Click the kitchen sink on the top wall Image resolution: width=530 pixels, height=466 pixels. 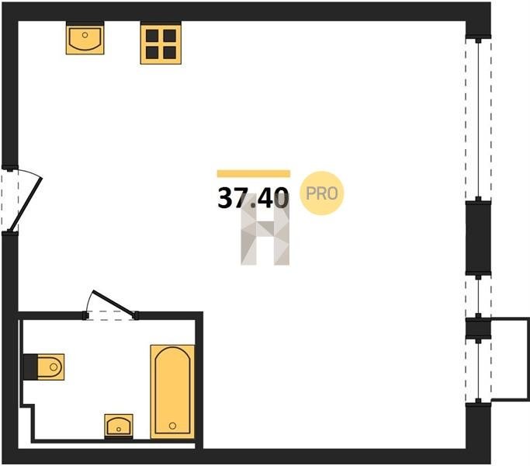point(85,38)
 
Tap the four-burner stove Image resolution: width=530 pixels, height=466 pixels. point(161,43)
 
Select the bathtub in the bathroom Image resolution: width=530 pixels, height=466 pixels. point(172,391)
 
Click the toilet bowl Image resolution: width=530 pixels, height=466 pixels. point(50,367)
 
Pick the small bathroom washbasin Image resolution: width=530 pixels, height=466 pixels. point(118,426)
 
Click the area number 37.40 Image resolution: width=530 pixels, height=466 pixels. point(253,198)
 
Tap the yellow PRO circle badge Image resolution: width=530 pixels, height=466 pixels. point(322,193)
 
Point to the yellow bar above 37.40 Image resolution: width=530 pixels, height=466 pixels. point(254,174)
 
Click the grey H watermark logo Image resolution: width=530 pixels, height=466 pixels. point(265,230)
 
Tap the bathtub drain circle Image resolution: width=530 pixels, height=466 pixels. point(172,426)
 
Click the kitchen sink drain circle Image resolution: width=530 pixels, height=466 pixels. point(85,35)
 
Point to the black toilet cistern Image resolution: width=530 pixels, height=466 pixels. point(30,367)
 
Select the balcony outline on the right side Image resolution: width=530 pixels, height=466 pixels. point(510,359)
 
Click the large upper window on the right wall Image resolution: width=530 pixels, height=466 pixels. point(478,119)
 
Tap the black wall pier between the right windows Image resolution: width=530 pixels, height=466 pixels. point(478,238)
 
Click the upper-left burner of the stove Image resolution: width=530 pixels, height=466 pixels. point(152,35)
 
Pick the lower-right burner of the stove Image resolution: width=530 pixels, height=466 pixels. point(170,53)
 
